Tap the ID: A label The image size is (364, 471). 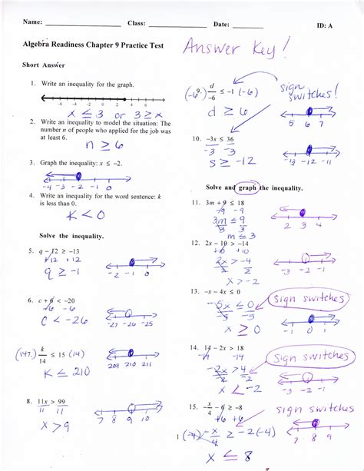pyautogui.click(x=328, y=26)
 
